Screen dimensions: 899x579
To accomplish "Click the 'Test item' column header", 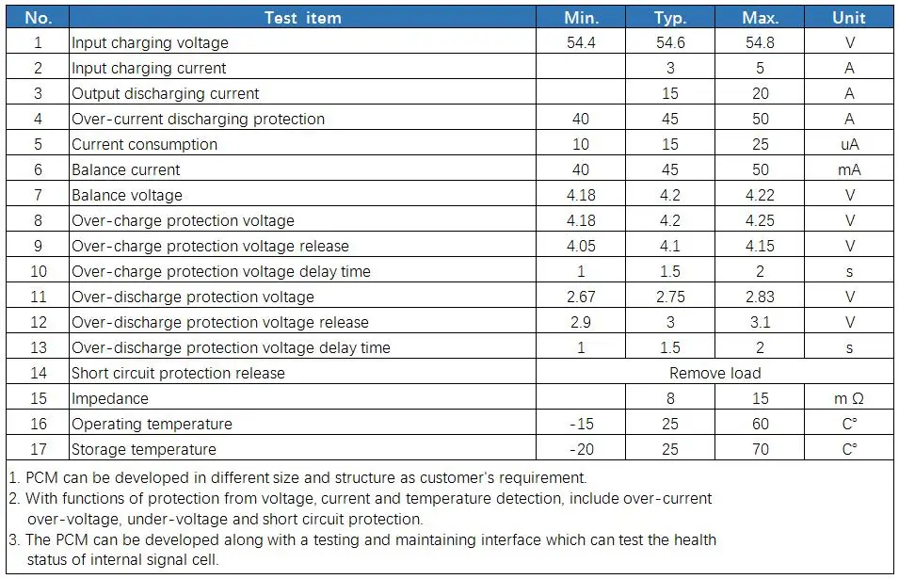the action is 303,18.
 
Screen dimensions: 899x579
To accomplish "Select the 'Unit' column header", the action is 848,18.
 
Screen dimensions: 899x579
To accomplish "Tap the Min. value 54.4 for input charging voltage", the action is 581,42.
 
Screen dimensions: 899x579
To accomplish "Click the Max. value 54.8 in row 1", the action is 760,42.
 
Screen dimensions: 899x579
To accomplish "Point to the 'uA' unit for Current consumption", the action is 849,144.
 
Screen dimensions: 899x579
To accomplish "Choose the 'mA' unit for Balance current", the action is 849,169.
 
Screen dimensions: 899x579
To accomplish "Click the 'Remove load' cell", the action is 714,373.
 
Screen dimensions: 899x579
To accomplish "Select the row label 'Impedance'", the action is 110,398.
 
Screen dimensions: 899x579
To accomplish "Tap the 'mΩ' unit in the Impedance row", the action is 849,398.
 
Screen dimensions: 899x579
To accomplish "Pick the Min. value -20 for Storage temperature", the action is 581,449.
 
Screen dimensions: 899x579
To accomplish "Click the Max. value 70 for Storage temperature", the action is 761,449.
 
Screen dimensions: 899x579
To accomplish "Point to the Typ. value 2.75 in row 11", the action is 670,297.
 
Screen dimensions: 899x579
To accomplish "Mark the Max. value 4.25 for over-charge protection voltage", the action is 760,220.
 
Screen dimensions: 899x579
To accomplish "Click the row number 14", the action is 39,373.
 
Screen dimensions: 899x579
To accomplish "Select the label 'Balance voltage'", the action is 127,196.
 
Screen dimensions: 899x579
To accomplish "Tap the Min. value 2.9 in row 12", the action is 581,322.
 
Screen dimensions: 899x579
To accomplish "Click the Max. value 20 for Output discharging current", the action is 761,93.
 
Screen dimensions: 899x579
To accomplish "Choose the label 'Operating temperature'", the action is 152,425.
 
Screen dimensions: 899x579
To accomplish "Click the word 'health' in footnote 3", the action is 695,539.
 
